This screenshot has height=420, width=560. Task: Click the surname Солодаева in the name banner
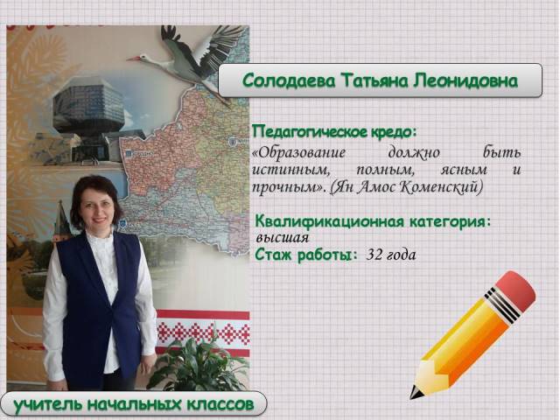click(290, 80)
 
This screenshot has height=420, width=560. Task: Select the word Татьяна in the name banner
click(374, 80)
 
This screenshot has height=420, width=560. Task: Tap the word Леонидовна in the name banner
click(465, 80)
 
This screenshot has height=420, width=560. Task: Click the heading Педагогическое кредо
click(334, 131)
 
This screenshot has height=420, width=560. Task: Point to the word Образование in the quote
click(299, 153)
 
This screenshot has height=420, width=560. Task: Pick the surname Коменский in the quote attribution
click(441, 186)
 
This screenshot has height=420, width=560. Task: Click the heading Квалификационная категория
click(373, 221)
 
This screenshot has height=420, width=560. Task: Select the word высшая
click(282, 238)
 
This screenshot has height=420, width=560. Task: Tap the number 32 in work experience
click(374, 255)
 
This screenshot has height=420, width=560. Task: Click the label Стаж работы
click(306, 255)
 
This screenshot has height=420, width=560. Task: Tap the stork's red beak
click(133, 59)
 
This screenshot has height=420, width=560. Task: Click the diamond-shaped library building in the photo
click(89, 107)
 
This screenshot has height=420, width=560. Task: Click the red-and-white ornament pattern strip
click(203, 332)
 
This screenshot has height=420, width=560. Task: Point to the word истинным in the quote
click(290, 170)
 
